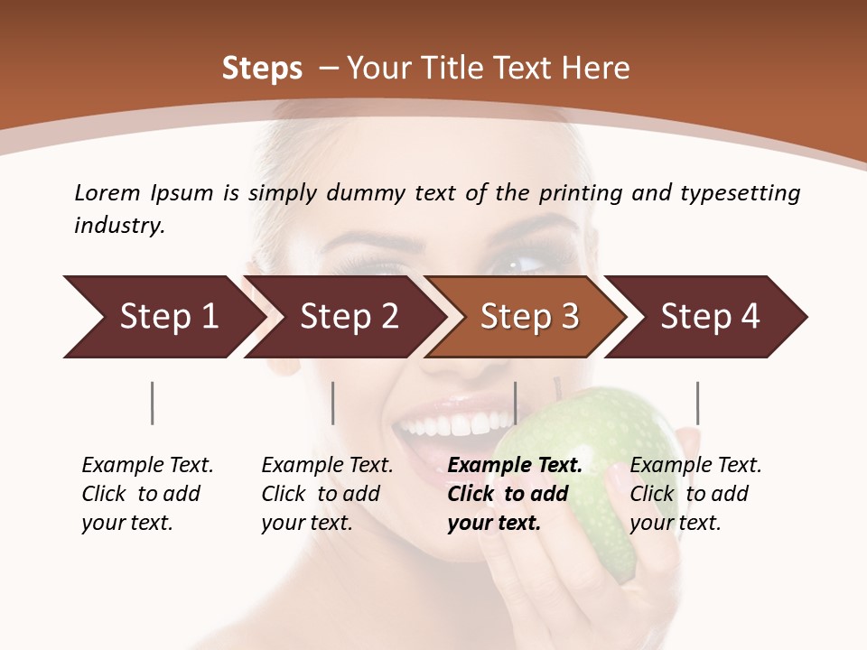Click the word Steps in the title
pyautogui.click(x=262, y=68)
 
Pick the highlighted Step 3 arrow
pyautogui.click(x=528, y=316)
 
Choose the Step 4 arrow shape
pyautogui.click(x=709, y=316)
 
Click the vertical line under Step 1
pyautogui.click(x=153, y=403)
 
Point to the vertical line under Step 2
pyautogui.click(x=333, y=403)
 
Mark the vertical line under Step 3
pyautogui.click(x=515, y=403)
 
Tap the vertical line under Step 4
pyautogui.click(x=697, y=403)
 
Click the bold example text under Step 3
pyautogui.click(x=513, y=494)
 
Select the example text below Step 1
pyautogui.click(x=146, y=494)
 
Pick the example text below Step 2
pyautogui.click(x=326, y=494)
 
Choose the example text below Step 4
pyautogui.click(x=695, y=494)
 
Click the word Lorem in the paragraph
pyautogui.click(x=107, y=192)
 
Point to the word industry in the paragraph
pyautogui.click(x=119, y=225)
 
